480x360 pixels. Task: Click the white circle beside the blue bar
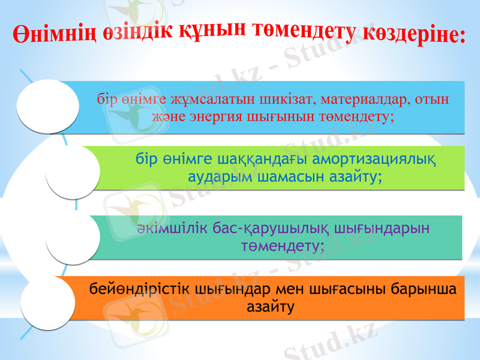pos(48,104)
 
